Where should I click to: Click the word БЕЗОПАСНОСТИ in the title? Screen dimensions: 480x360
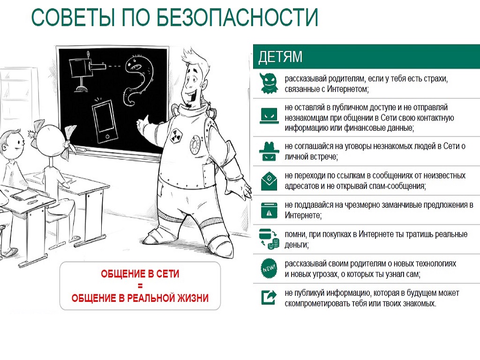click(x=237, y=17)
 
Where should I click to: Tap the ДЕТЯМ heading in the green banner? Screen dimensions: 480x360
click(x=280, y=57)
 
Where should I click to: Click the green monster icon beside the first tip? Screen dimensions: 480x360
click(x=269, y=83)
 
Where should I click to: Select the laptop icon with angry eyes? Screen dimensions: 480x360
click(x=269, y=116)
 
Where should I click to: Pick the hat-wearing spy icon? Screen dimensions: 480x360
click(x=269, y=151)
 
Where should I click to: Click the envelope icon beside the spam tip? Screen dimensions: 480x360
click(x=269, y=181)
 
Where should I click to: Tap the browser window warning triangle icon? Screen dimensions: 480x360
click(x=269, y=210)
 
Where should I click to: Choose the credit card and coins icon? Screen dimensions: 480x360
click(x=269, y=239)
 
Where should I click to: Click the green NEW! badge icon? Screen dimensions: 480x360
click(x=269, y=269)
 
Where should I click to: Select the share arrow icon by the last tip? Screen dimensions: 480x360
click(x=269, y=297)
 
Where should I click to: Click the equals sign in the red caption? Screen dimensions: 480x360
click(x=140, y=286)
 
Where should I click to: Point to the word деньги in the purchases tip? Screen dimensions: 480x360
click(x=296, y=245)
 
